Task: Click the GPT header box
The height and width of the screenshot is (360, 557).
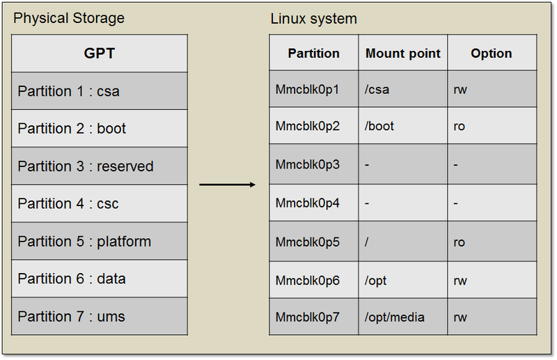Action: tap(100, 53)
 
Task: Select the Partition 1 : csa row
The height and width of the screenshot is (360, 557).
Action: tap(100, 91)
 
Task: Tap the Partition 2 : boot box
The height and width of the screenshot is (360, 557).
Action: tap(100, 129)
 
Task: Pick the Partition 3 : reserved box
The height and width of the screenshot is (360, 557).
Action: tap(100, 166)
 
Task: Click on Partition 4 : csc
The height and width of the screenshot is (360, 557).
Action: tap(100, 204)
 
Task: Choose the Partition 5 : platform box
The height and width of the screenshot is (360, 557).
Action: tap(100, 242)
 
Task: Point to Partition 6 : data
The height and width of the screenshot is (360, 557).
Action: tap(100, 279)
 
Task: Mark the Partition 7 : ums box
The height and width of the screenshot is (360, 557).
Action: tap(100, 317)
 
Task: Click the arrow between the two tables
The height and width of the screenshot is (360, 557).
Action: tap(228, 185)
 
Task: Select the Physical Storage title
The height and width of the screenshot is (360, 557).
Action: tap(69, 18)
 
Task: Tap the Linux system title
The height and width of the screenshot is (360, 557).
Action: tap(313, 19)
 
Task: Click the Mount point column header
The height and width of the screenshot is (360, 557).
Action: tap(403, 54)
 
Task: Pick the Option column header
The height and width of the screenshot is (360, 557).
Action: tap(491, 54)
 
